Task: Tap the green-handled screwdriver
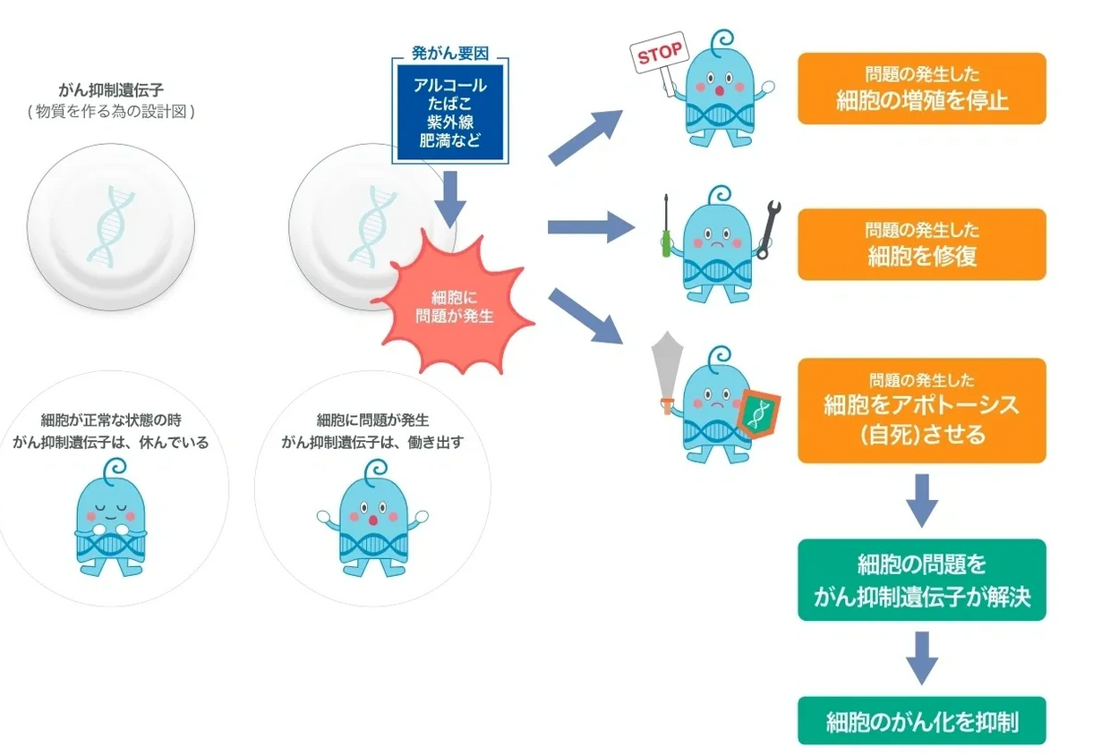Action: coord(666,226)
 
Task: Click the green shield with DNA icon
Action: coord(759,413)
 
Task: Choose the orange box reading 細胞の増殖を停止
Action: coord(921,88)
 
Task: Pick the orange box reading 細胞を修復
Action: coord(921,244)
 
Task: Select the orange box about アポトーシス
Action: coord(921,411)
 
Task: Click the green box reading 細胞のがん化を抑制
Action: coord(921,721)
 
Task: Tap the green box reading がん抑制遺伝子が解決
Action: coord(921,580)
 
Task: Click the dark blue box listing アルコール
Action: coord(449,112)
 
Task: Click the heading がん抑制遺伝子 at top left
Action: coord(110,91)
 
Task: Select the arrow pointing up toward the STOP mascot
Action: coord(586,138)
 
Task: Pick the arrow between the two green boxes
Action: coord(921,657)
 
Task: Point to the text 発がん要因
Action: coord(449,53)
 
